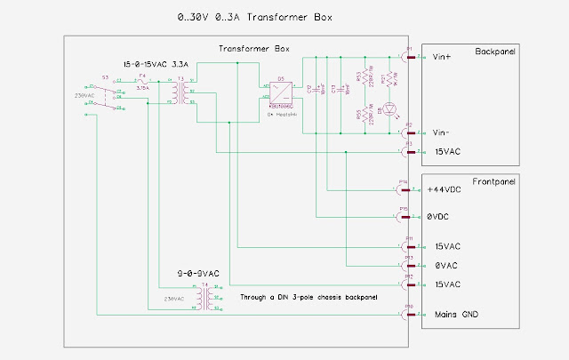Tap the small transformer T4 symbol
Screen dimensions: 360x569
pyautogui.click(x=206, y=300)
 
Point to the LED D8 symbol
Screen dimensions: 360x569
pyautogui.click(x=382, y=112)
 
